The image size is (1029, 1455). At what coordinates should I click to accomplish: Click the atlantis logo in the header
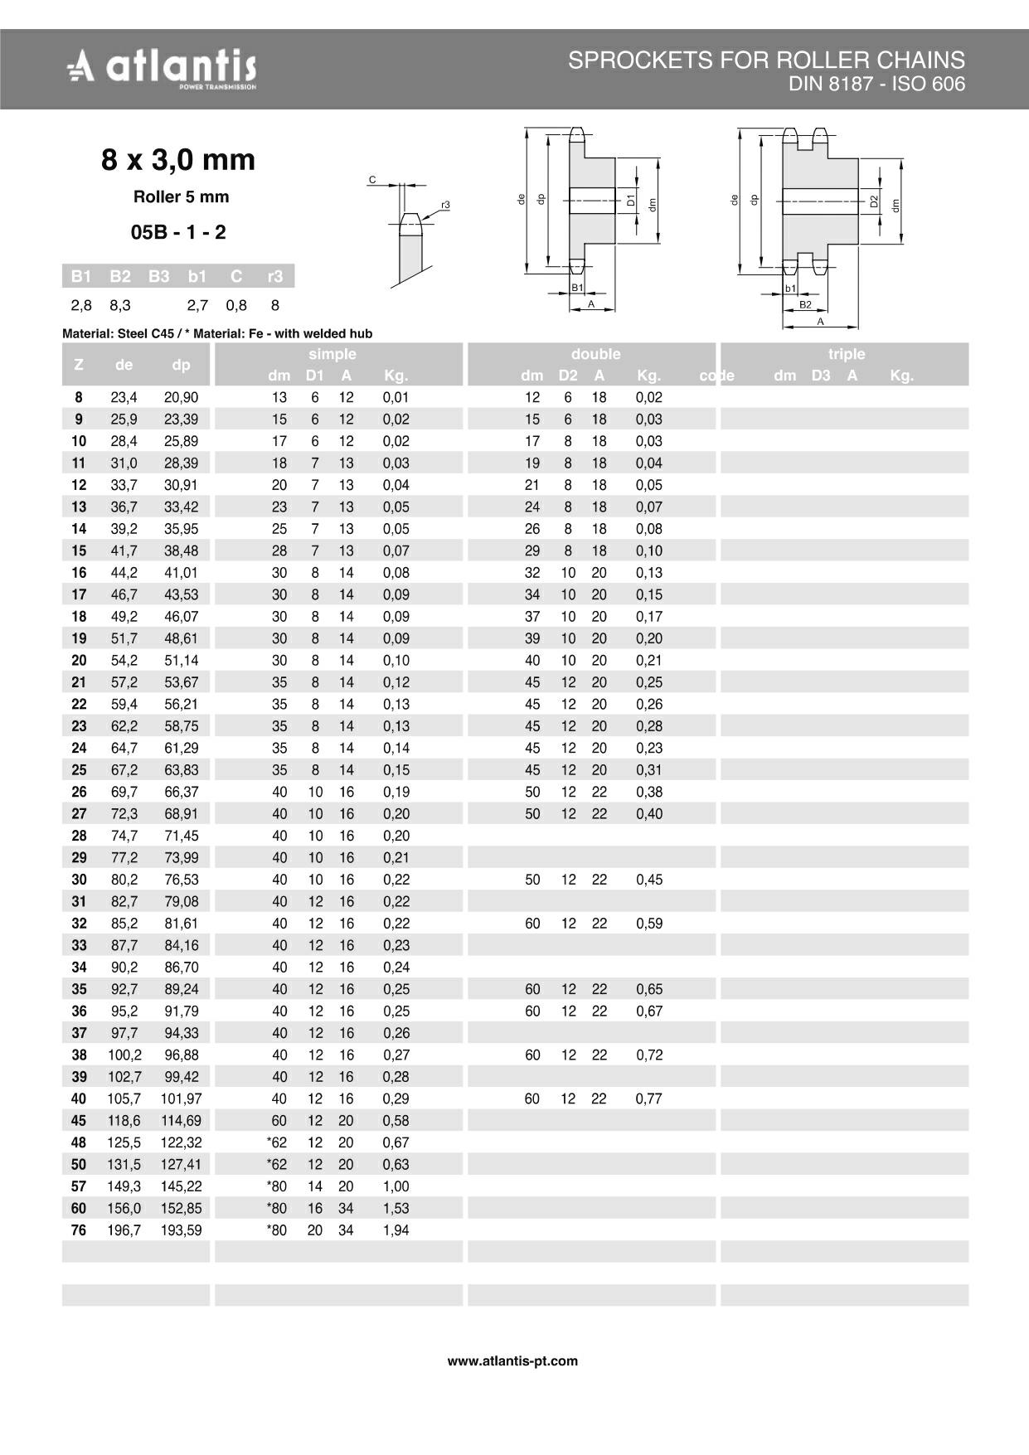(162, 67)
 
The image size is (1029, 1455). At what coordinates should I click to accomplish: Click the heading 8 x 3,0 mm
(178, 159)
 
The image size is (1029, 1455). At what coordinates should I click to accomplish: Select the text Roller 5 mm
(181, 197)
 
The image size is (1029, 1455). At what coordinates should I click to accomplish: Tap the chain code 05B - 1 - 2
(178, 232)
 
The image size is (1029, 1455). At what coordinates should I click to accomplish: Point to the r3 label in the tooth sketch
(445, 205)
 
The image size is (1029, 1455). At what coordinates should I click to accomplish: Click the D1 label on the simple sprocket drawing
(631, 200)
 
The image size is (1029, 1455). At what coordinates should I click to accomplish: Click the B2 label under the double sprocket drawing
(805, 304)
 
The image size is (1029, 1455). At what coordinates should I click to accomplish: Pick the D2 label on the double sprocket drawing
(874, 201)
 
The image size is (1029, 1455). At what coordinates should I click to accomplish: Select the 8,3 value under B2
(120, 305)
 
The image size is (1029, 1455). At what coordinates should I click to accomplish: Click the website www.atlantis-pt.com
(512, 1360)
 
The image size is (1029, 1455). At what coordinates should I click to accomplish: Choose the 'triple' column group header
(846, 354)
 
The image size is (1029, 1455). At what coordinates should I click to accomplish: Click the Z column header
(79, 364)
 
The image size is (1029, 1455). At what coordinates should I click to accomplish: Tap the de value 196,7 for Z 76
(124, 1230)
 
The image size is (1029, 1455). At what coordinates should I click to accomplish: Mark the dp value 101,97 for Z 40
(181, 1099)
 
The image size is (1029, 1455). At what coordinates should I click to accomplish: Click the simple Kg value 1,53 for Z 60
(396, 1208)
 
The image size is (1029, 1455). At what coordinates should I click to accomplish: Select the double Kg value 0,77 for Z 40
(649, 1099)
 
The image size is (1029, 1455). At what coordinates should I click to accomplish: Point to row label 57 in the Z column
(79, 1186)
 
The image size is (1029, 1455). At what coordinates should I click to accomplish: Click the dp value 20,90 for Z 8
(181, 397)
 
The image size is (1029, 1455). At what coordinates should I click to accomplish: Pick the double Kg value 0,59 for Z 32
(649, 924)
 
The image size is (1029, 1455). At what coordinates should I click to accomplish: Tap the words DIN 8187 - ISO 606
(876, 85)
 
